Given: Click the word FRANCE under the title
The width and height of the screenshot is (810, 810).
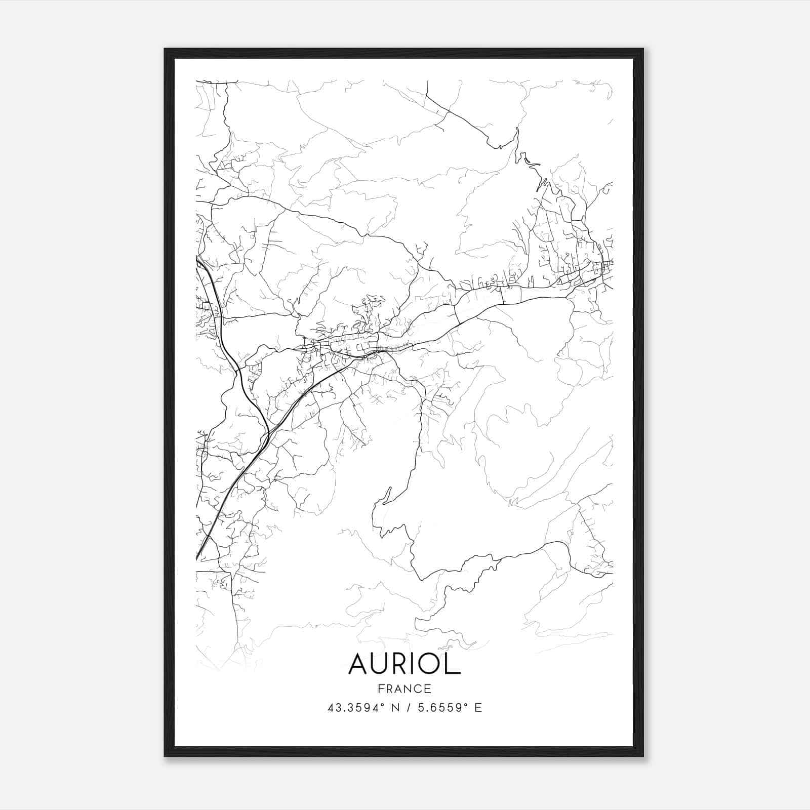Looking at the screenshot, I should [x=404, y=688].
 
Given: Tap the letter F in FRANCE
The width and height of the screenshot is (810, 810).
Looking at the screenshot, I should [x=380, y=688].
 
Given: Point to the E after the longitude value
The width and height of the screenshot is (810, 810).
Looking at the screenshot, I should [x=478, y=708].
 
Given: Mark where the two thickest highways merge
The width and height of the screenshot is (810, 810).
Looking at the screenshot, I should [x=268, y=433].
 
